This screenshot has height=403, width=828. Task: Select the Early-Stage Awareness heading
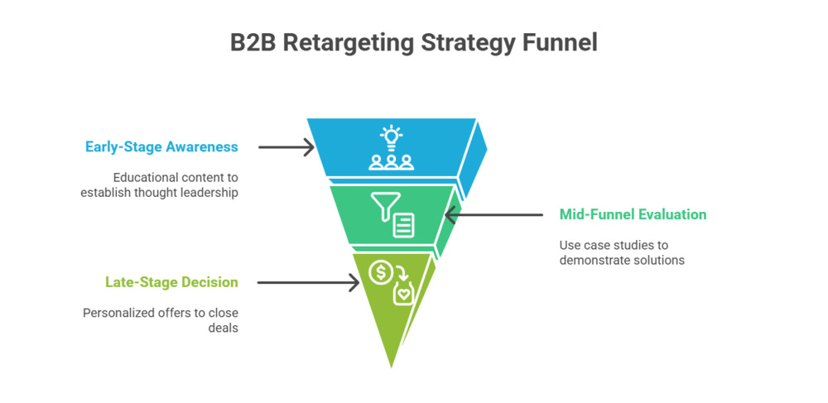(x=161, y=147)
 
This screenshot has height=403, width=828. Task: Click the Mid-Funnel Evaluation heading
(x=633, y=215)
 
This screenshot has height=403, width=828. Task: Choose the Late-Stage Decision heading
(x=171, y=282)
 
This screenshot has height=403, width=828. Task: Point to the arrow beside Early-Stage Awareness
(x=286, y=147)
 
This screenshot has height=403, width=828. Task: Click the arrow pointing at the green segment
(x=492, y=215)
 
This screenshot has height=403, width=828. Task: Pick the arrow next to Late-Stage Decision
(x=308, y=282)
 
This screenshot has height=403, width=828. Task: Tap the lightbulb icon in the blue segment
(x=390, y=135)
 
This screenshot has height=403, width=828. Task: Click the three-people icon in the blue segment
(x=391, y=161)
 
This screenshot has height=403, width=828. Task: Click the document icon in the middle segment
(x=404, y=225)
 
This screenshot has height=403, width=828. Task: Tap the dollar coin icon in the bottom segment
(x=380, y=271)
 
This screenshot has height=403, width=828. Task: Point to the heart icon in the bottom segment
(x=403, y=293)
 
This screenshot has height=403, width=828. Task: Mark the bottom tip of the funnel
(x=391, y=367)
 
